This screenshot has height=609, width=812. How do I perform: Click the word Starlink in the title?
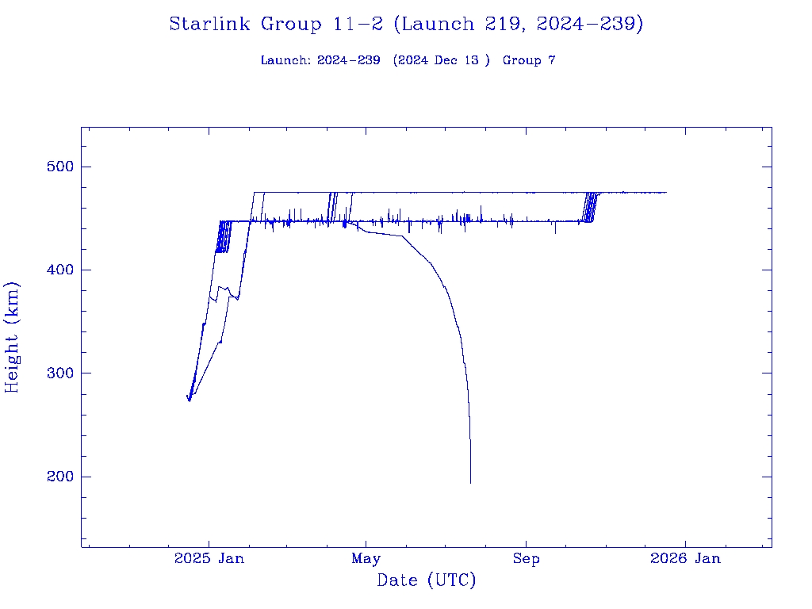click(x=211, y=25)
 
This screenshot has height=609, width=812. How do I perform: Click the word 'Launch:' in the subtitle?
click(x=285, y=60)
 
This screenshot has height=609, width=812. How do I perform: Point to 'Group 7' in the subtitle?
click(x=529, y=60)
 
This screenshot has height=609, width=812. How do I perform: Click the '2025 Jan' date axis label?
click(x=209, y=558)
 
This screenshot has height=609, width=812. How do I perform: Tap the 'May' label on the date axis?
click(x=366, y=558)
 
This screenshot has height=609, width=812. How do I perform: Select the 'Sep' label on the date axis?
click(x=526, y=558)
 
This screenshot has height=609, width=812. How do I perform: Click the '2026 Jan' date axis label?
click(x=685, y=558)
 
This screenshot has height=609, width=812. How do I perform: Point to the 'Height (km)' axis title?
click(x=13, y=337)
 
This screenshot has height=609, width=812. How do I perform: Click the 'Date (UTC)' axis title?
click(x=427, y=580)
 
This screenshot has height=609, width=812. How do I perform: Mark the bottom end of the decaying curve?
click(x=470, y=482)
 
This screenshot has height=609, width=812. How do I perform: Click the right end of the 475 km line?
click(x=666, y=192)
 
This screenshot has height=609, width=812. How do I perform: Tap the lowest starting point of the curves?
click(x=190, y=400)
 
